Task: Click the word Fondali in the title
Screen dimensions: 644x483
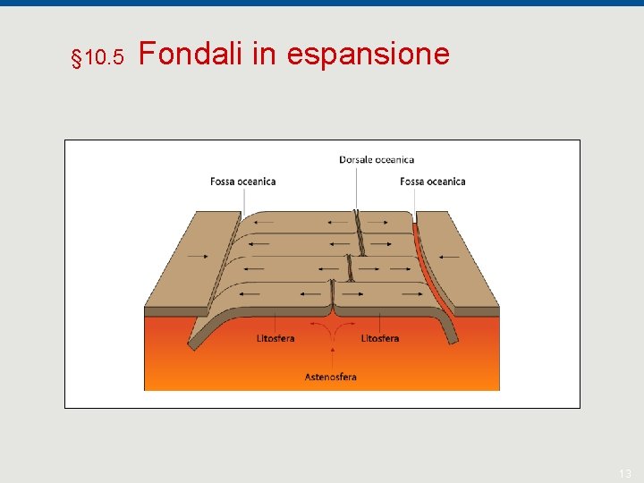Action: coord(191,55)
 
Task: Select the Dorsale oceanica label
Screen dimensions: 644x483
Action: coord(377,160)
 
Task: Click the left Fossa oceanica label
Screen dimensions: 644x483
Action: coord(243,182)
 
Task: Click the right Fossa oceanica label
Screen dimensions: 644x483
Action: coord(433,182)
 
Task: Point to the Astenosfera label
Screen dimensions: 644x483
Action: coord(331,377)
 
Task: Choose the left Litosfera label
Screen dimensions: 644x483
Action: coord(275,338)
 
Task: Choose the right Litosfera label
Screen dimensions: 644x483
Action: coord(380,338)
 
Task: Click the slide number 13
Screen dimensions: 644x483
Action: coord(625,472)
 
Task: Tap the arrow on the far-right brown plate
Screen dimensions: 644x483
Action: coord(449,257)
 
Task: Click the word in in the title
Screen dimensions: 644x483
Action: coord(264,55)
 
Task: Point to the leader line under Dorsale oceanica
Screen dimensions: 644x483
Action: coord(357,188)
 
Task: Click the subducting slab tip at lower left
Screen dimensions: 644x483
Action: coord(191,343)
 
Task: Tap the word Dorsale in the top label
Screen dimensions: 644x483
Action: coord(356,160)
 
